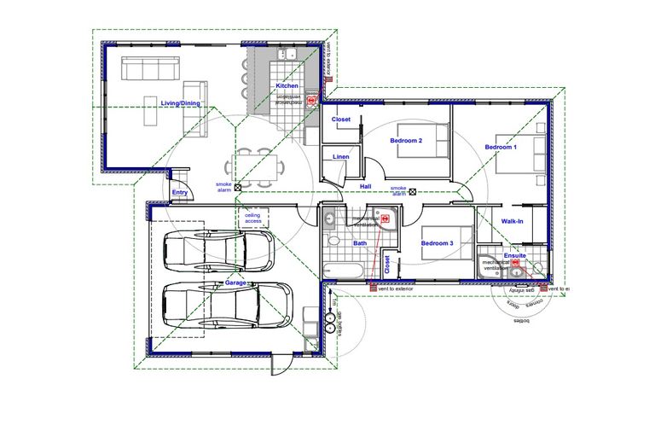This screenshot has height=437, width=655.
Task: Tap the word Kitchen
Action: point(287,86)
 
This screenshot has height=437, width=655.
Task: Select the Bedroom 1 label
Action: point(501,148)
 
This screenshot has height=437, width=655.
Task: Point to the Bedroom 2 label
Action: point(407,140)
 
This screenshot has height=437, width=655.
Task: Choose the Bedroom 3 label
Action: point(437,242)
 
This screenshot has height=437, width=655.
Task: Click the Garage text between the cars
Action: point(235,283)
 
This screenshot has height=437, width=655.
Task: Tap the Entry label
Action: point(179,193)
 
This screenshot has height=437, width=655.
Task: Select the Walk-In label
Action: point(513,221)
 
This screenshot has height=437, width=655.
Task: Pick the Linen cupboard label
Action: point(340,157)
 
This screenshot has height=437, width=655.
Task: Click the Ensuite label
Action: point(515,255)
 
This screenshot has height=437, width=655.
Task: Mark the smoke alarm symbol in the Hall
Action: point(413,191)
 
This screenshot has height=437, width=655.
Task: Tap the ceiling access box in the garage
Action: point(253,218)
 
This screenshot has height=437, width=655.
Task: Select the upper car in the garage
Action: point(217,252)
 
